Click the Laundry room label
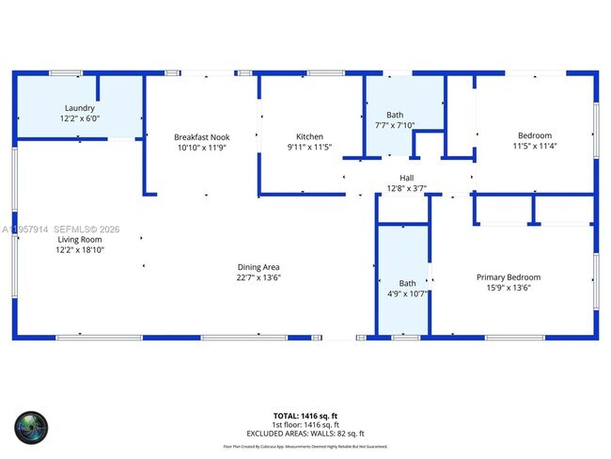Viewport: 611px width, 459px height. [80, 108]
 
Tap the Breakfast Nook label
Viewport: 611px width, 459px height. [201, 137]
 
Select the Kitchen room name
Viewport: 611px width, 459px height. [309, 137]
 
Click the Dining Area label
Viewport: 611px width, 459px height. [258, 267]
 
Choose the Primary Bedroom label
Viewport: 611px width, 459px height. [509, 277]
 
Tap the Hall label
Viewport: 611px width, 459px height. [406, 178]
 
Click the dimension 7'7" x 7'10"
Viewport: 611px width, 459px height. [394, 125]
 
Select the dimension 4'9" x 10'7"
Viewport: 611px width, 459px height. [407, 293]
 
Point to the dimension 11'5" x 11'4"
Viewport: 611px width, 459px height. [534, 147]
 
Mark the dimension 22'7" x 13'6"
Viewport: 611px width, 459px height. [258, 277]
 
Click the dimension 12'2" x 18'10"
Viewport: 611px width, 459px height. [81, 250]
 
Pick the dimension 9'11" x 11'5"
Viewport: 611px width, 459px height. [309, 148]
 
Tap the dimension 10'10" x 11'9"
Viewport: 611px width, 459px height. [201, 148]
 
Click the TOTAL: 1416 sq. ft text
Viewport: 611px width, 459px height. [305, 415]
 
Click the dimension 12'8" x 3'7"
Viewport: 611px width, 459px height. [406, 188]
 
